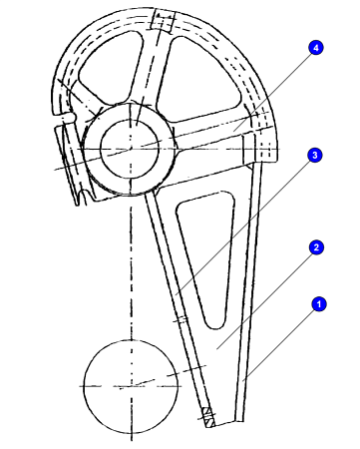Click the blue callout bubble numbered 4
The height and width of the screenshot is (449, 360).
316,48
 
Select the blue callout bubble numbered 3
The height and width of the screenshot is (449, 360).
315,155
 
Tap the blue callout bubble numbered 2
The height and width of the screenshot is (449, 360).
316,247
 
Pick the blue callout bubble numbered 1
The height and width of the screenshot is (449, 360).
319,304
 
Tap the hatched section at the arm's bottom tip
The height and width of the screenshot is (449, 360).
208,417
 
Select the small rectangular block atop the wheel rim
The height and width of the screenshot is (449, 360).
163,20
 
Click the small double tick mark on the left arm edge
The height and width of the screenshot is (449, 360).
180,319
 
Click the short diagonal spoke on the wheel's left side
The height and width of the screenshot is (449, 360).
84,97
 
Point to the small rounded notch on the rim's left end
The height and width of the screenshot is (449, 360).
68,117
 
